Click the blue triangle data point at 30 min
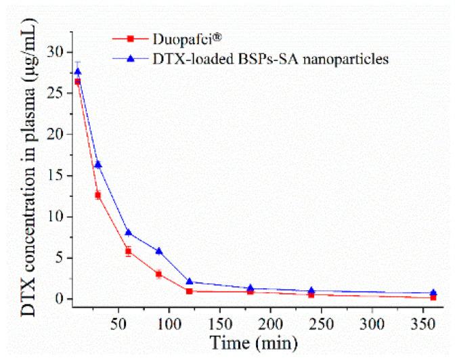coord(98,164)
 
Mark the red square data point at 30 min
coord(98,195)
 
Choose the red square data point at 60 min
coord(128,251)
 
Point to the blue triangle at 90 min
coord(158,251)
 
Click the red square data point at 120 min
coord(189,291)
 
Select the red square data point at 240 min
coord(311,294)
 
